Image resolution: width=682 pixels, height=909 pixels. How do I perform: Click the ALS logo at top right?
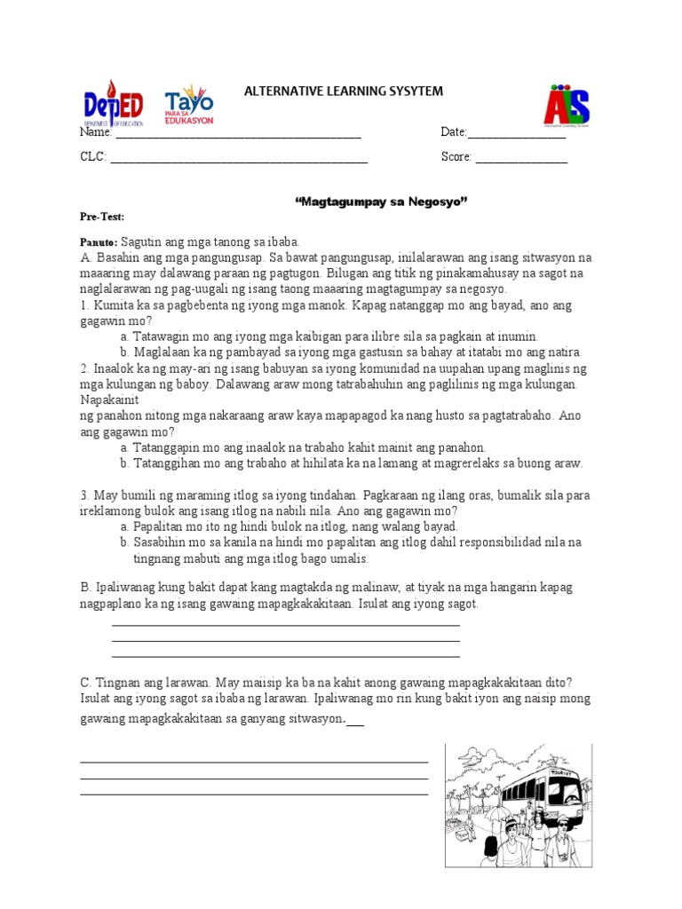[x=567, y=106]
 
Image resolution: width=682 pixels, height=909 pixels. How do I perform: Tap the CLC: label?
[x=93, y=157]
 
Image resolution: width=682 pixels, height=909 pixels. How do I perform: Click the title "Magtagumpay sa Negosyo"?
[x=380, y=202]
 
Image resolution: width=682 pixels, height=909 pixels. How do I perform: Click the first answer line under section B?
[x=285, y=626]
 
